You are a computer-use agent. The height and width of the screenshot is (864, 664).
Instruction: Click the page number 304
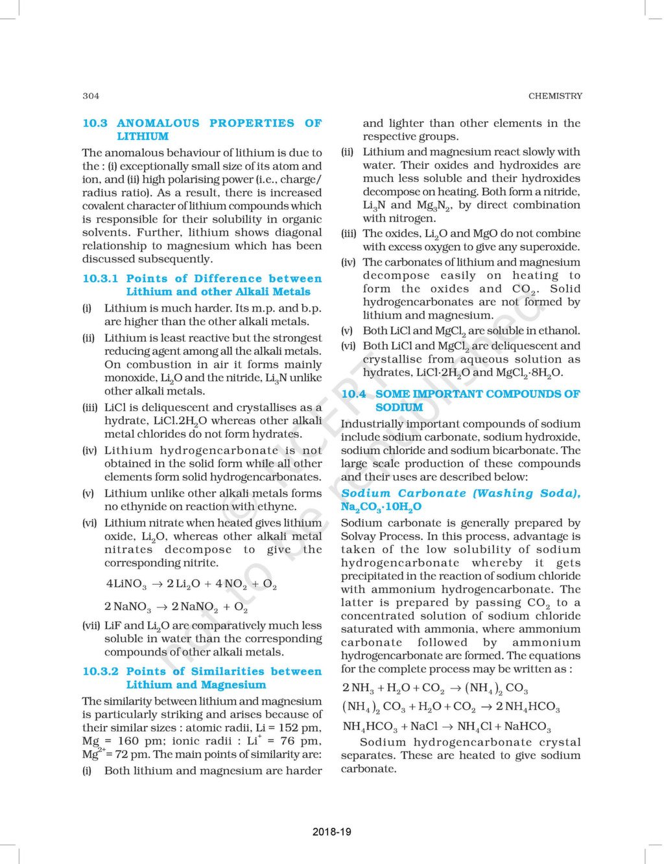coord(91,96)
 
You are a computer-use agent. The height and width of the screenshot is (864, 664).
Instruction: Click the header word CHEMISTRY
coord(555,96)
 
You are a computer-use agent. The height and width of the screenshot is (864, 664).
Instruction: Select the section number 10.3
coord(95,123)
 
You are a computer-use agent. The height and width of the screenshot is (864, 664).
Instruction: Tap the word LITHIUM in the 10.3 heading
coord(143,137)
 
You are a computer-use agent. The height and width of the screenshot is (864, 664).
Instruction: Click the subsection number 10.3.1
coord(100,279)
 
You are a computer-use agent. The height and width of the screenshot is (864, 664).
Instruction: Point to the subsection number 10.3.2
coord(100,672)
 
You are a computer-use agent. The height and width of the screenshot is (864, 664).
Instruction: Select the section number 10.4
coord(353,394)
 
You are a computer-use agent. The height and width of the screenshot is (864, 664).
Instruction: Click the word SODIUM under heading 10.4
coord(399,407)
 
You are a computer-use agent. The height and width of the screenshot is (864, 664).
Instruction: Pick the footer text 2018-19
coord(331,832)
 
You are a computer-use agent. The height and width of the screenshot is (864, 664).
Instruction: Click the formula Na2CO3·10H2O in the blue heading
coord(381,507)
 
